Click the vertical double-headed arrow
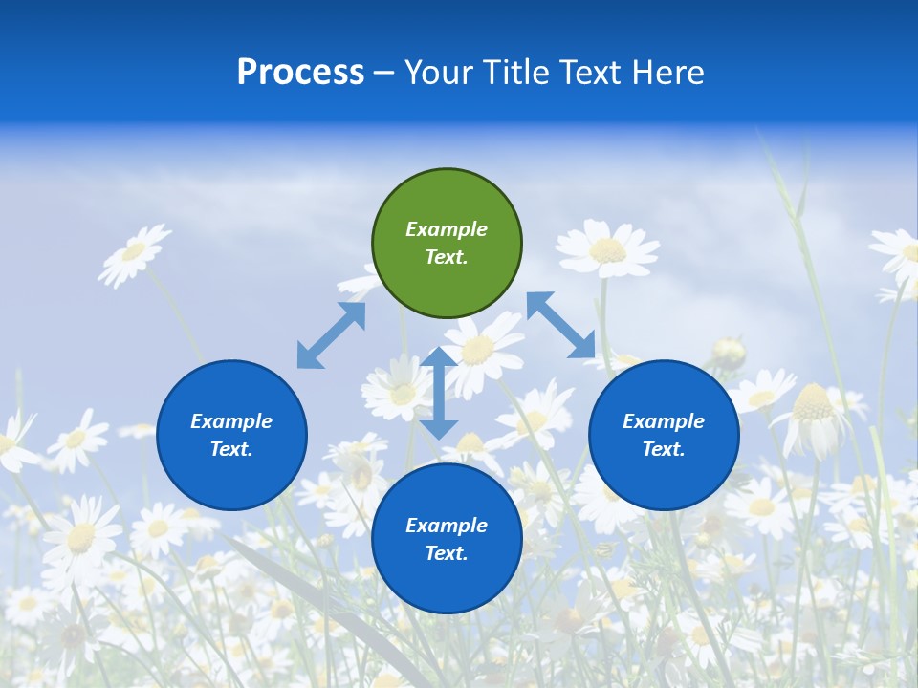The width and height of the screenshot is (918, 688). click(439, 393)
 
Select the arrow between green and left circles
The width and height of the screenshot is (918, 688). click(331, 335)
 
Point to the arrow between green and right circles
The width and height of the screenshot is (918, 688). click(561, 325)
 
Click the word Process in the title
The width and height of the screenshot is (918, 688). click(300, 73)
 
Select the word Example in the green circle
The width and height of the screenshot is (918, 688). click(447, 229)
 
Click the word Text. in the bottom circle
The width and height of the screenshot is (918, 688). click(447, 553)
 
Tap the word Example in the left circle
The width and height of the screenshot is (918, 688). click(231, 421)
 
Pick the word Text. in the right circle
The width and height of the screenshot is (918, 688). click(664, 449)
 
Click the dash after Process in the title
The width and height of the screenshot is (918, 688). click(384, 74)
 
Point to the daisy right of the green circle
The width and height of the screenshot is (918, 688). click(607, 248)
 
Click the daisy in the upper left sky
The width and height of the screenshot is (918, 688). click(134, 252)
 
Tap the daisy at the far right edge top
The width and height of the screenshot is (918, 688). click(900, 253)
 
